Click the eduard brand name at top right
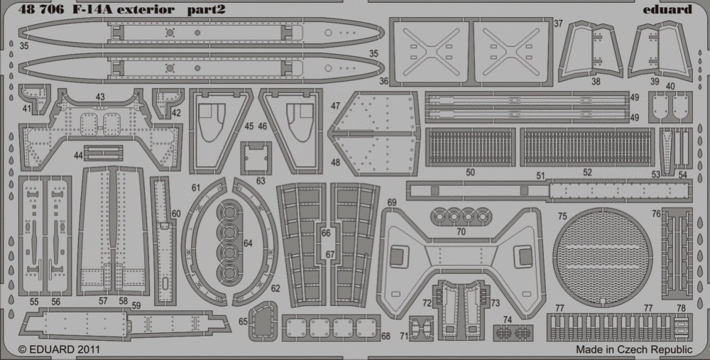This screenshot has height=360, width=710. coord(667,9)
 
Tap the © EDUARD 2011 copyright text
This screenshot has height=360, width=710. coord(59,349)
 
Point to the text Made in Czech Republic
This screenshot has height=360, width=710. coord(634,349)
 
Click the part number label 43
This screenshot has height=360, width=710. coord(100,97)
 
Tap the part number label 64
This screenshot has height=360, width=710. coord(248,244)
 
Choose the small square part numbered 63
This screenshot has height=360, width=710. coord(256,158)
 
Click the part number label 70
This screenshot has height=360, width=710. coord(461,231)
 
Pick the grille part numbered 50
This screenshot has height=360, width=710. coord(471,147)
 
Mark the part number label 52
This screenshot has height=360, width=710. coord(587,173)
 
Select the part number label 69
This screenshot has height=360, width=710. coord(392,202)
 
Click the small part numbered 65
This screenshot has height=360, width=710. coord(263,321)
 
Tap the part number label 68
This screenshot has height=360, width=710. coord(386,337)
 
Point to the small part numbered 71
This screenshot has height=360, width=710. coord(421,328)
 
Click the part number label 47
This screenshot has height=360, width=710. coord(335,106)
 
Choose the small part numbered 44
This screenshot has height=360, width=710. coord(103,153)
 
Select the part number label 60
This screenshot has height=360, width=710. coord(175,214)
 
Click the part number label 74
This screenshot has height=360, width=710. coord(507,320)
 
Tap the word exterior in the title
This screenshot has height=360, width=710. coord(145,10)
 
